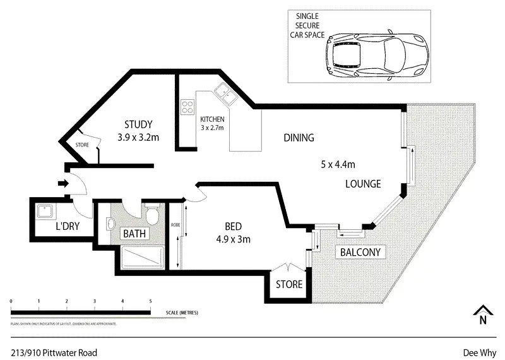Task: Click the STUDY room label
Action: [x=139, y=124]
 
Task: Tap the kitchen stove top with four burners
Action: [x=187, y=107]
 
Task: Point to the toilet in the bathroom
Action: [x=152, y=216]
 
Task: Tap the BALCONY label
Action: [x=360, y=253]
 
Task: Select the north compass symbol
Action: [x=482, y=315]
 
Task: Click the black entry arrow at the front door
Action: [x=62, y=184]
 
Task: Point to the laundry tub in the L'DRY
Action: [x=44, y=210]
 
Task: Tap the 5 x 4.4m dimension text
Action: [x=338, y=165]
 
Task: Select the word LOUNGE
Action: [x=363, y=184]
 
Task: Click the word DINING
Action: [x=299, y=138]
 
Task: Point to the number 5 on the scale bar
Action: [x=150, y=301]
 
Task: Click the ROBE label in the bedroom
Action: [x=175, y=224]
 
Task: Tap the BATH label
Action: [x=134, y=234]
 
